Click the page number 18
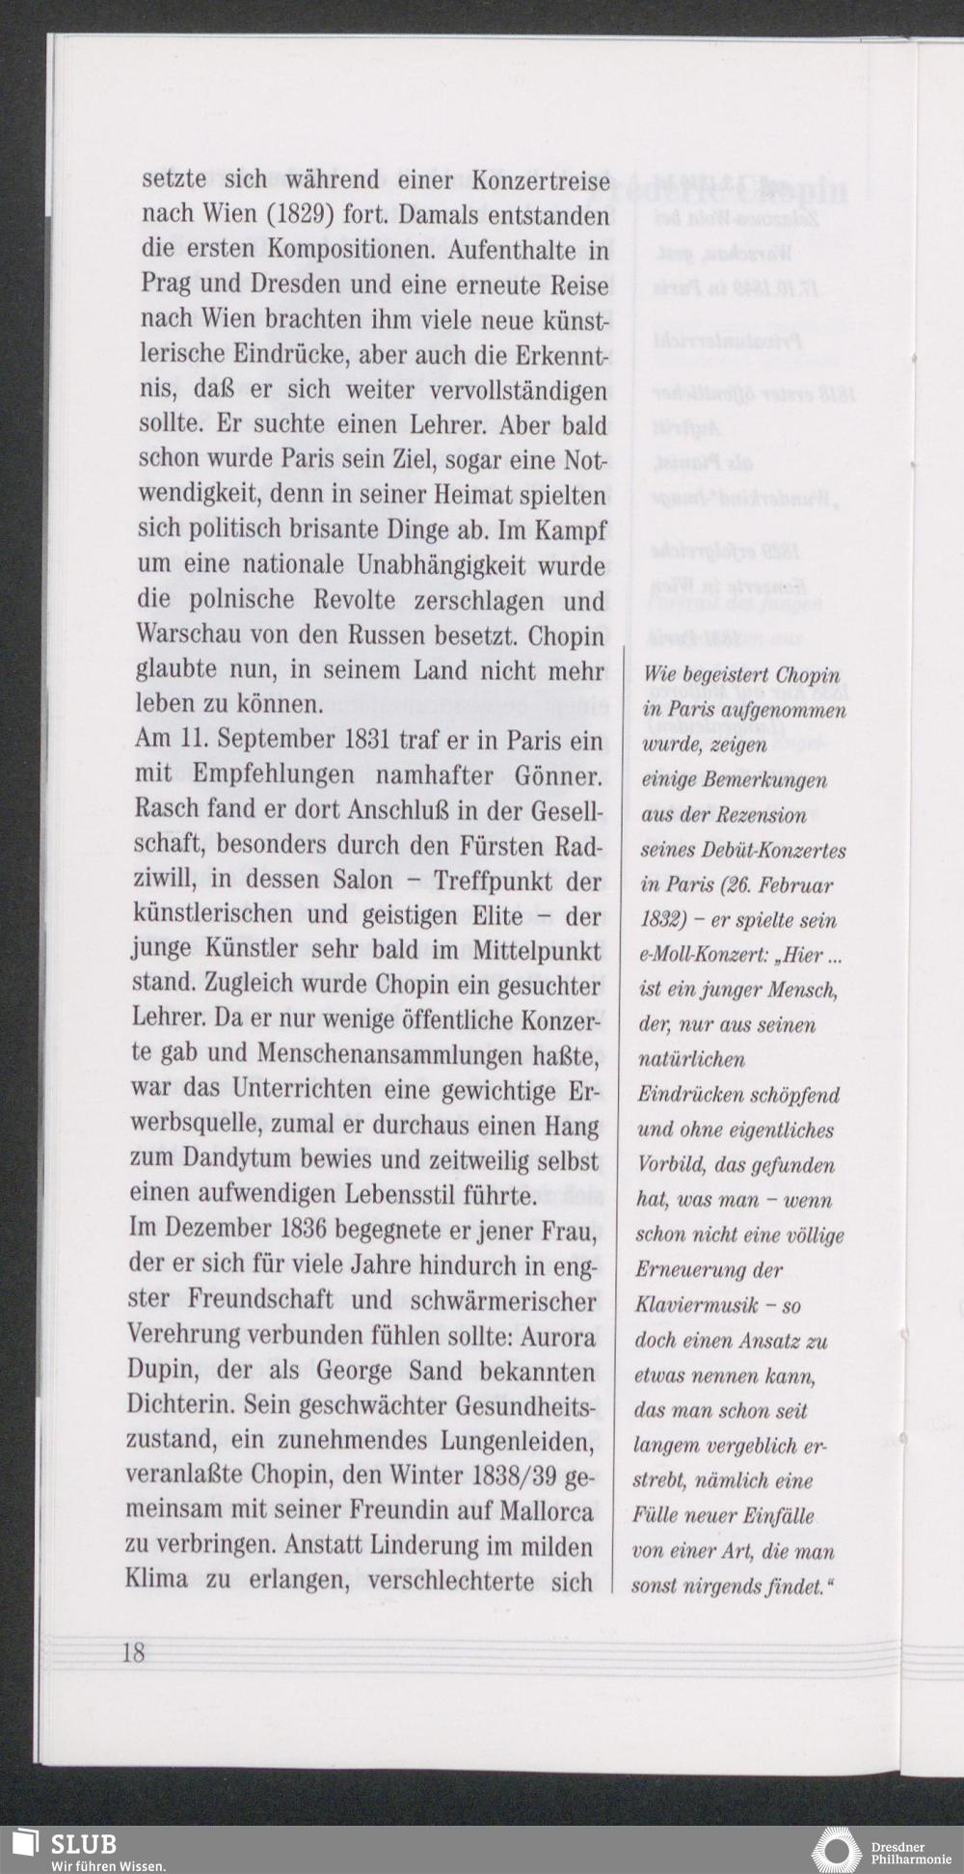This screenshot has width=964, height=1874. pos(133,1651)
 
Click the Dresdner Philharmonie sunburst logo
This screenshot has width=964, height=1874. pos(835,1850)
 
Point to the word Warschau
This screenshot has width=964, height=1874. pos(188,636)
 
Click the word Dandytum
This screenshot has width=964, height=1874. pos(235,1160)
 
